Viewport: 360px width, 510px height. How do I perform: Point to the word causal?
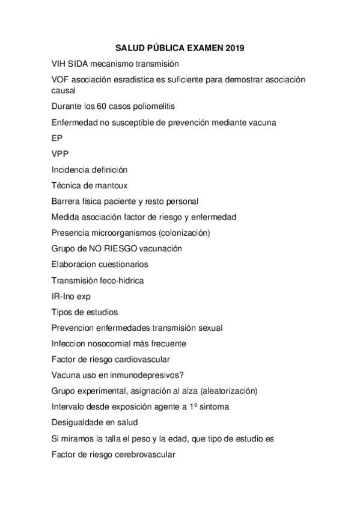[63, 90]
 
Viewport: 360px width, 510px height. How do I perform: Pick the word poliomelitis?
[157, 106]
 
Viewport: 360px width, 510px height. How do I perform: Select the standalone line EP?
[57, 138]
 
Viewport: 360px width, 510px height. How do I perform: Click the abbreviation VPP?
[61, 154]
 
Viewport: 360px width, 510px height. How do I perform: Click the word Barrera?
[67, 201]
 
